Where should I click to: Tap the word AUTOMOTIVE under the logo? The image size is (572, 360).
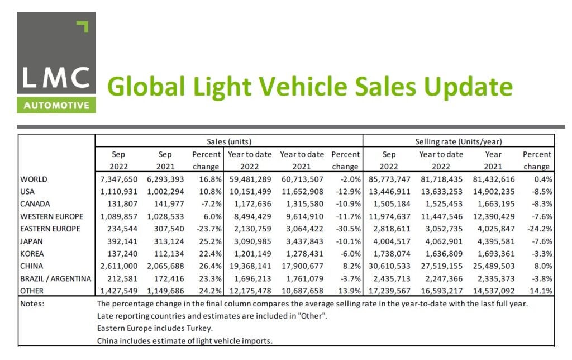[x=56, y=105]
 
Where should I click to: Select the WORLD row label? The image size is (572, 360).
[x=34, y=179]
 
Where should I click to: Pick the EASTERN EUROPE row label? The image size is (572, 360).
[x=50, y=229]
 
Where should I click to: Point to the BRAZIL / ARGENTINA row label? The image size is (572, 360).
[x=55, y=278]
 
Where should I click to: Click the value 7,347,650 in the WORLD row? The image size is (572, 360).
[x=115, y=179]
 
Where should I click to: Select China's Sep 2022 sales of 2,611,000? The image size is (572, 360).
[x=115, y=266]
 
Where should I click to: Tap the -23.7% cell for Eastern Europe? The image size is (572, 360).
[x=208, y=229]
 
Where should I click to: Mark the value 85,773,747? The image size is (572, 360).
[x=389, y=179]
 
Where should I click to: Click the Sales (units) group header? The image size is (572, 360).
[x=229, y=141]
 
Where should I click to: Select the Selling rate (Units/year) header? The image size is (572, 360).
[x=459, y=141]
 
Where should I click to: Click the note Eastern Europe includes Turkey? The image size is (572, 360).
[x=146, y=328]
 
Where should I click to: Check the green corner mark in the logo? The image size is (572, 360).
[x=83, y=26]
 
